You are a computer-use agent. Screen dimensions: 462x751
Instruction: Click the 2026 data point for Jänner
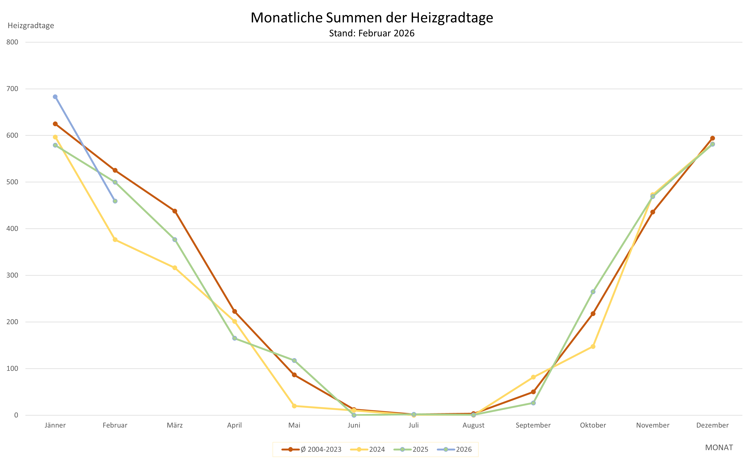[55, 97]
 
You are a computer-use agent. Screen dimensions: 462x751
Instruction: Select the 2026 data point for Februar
[115, 201]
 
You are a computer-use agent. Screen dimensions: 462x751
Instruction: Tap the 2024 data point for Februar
[115, 240]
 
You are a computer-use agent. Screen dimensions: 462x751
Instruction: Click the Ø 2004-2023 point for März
[175, 211]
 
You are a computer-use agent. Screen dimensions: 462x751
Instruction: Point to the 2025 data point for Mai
[294, 361]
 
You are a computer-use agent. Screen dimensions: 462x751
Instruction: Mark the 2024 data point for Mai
[294, 406]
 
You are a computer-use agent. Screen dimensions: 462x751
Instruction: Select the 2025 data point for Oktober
[593, 292]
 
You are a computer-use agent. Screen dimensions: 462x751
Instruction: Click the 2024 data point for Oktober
[593, 346]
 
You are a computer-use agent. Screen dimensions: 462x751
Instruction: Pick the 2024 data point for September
[533, 377]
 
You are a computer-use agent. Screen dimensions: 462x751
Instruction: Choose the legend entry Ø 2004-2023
[312, 450]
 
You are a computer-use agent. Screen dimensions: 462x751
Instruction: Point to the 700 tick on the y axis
[12, 89]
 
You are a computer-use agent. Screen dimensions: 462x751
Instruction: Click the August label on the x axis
[473, 425]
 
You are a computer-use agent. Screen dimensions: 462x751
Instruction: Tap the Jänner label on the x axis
[55, 425]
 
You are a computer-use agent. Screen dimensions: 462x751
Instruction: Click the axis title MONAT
[719, 448]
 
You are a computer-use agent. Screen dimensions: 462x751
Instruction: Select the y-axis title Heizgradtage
[31, 26]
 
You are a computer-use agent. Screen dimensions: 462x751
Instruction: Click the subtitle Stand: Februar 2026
[372, 33]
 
